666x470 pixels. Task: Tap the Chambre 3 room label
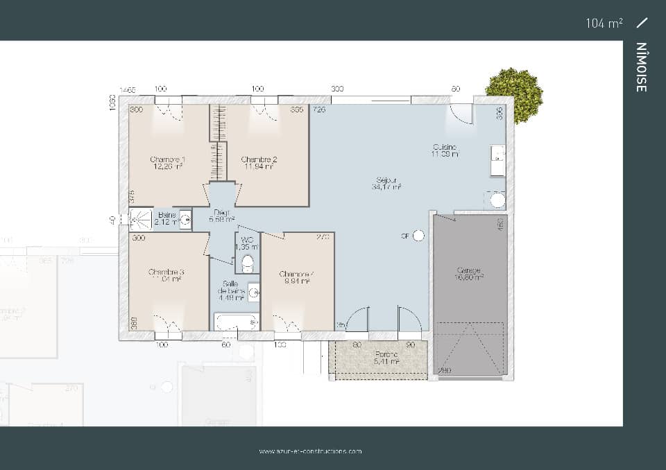[x=166, y=272]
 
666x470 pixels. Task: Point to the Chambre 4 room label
[x=297, y=275]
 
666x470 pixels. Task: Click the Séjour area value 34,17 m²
[x=386, y=187]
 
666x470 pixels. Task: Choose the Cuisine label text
[x=444, y=147]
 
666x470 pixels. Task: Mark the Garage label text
[x=469, y=270]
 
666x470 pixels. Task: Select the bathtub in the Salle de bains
[x=236, y=322]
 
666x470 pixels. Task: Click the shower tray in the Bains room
[x=141, y=220]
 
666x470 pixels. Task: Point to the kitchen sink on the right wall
[x=497, y=161]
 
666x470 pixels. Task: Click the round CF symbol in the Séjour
[x=418, y=236]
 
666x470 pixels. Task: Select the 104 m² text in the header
[x=604, y=23]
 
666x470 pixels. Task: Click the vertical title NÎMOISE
[x=642, y=67]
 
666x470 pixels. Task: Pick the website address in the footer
[x=310, y=451]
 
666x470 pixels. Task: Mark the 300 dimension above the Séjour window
[x=337, y=89]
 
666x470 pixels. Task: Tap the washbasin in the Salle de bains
[x=253, y=293]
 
